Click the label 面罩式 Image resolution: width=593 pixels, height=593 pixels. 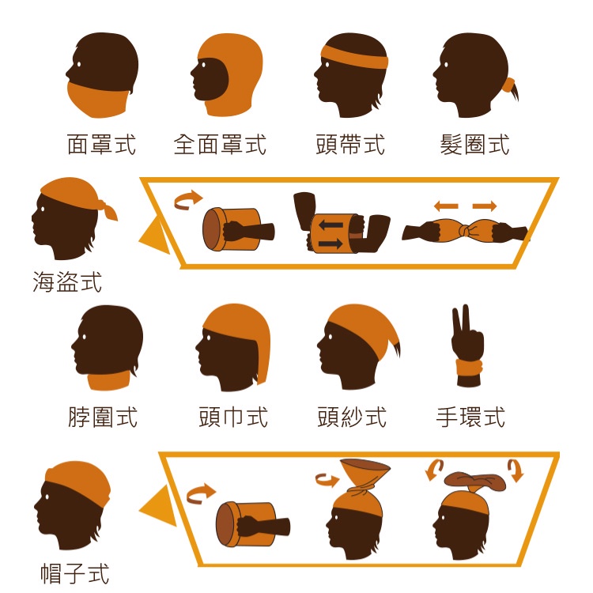pyautogui.click(x=101, y=145)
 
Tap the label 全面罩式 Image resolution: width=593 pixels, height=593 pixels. pyautogui.click(x=220, y=145)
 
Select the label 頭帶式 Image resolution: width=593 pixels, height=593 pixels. pyautogui.click(x=350, y=145)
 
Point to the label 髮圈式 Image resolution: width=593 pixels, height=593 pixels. pyautogui.click(x=474, y=145)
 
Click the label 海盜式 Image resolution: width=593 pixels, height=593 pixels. pyautogui.click(x=67, y=281)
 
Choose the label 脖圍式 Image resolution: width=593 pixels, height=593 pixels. pyautogui.click(x=103, y=417)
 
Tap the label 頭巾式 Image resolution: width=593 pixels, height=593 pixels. pyautogui.click(x=233, y=417)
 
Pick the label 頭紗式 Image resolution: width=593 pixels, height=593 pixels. pyautogui.click(x=352, y=417)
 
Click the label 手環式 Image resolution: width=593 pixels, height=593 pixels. pyautogui.click(x=471, y=417)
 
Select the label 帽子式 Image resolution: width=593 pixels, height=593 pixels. pyautogui.click(x=75, y=573)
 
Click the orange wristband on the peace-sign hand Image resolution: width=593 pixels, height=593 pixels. pyautogui.click(x=470, y=368)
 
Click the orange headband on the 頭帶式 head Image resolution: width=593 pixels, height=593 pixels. pyautogui.click(x=354, y=58)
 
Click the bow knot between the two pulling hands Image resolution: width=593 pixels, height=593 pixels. pyautogui.click(x=463, y=230)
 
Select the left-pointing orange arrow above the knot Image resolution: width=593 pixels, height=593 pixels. pyautogui.click(x=446, y=206)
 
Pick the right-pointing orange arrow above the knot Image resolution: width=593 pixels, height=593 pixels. pyautogui.click(x=485, y=206)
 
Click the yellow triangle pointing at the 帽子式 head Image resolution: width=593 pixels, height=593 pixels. pyautogui.click(x=160, y=506)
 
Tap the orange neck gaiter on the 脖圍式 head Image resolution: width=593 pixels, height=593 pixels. pyautogui.click(x=109, y=380)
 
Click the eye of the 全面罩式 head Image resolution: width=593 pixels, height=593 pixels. pyautogui.click(x=203, y=65)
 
